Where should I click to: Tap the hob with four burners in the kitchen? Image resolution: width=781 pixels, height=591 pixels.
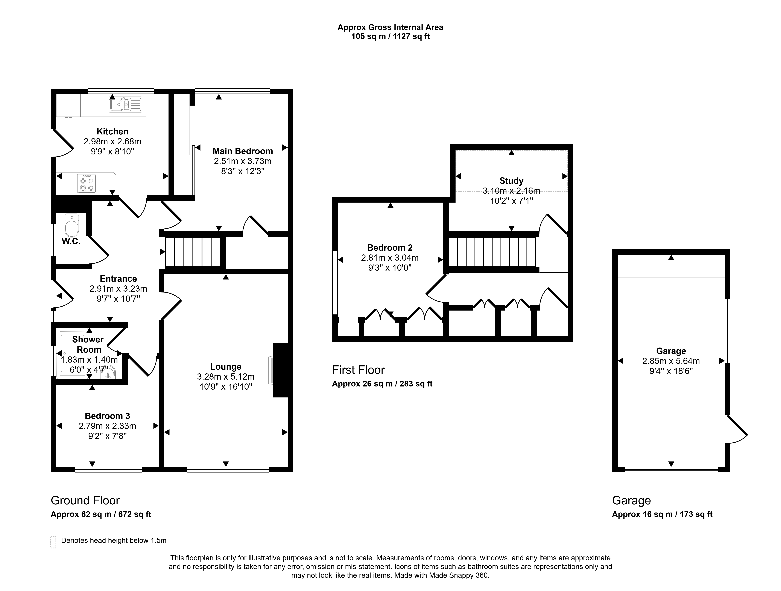tap(87, 183)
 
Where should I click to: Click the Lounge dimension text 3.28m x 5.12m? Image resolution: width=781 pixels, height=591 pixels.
tap(226, 377)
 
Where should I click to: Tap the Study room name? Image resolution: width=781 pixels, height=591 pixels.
tap(511, 181)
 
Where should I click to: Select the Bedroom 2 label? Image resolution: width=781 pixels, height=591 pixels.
tap(390, 248)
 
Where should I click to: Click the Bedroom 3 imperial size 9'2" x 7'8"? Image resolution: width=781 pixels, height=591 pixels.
tap(107, 436)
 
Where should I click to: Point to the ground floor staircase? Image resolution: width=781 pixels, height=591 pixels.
tap(193, 252)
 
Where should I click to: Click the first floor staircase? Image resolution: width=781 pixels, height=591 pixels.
tap(492, 252)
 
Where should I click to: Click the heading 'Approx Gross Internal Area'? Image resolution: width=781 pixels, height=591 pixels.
tap(390, 27)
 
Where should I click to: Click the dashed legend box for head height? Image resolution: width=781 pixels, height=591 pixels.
tap(53, 542)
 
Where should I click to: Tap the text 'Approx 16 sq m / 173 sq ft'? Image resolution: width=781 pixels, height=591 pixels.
tap(662, 514)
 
